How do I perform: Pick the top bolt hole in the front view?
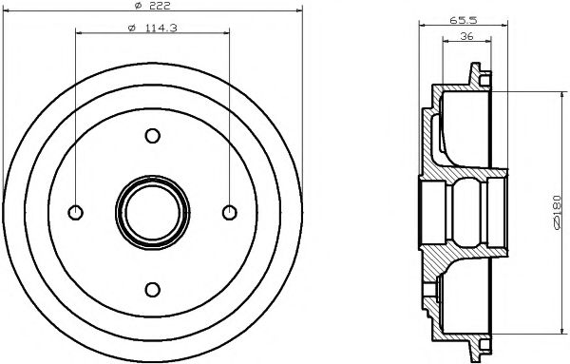coord(151,135)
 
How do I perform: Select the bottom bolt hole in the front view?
coord(151,288)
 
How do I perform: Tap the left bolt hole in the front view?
coord(75,211)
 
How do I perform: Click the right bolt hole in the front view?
coord(228,211)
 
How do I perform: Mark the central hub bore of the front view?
coord(151,211)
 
